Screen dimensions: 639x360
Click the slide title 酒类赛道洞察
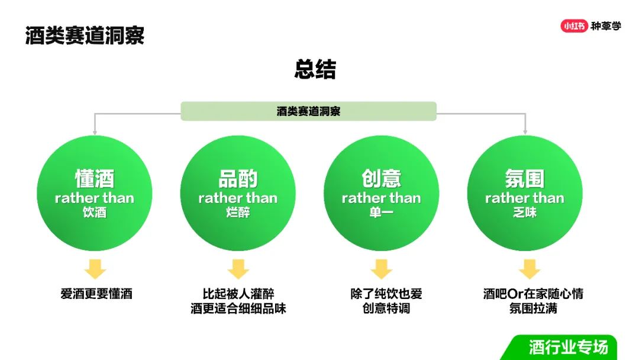(x=85, y=36)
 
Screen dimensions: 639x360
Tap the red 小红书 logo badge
(x=574, y=26)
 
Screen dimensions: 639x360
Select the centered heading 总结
(x=315, y=69)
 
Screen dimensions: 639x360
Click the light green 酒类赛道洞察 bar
(x=308, y=111)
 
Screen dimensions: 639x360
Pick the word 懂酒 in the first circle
(x=95, y=179)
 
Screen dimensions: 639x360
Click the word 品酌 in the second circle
(x=238, y=179)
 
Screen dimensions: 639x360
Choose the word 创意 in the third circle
(x=381, y=179)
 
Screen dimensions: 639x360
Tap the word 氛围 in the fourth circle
(x=524, y=179)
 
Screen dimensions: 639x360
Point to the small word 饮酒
(x=95, y=212)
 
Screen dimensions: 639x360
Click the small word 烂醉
(x=238, y=212)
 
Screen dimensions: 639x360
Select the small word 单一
(x=381, y=212)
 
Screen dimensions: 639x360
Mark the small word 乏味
(x=524, y=212)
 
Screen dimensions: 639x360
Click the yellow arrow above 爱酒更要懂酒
(x=95, y=269)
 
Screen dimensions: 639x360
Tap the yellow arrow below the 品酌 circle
(x=238, y=269)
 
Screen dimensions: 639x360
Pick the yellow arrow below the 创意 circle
(x=382, y=269)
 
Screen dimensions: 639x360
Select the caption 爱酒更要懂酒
(x=96, y=294)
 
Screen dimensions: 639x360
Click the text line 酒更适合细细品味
(x=238, y=308)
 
